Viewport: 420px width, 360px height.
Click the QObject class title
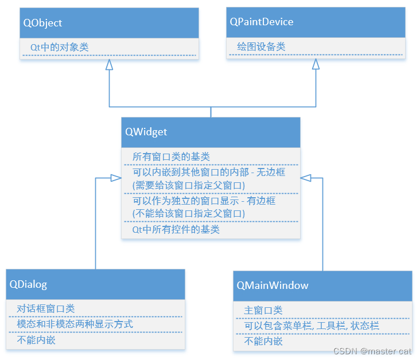(x=43, y=23)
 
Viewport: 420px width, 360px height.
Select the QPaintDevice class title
(x=261, y=22)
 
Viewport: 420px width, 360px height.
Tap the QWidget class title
(x=146, y=132)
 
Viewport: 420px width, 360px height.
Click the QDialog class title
(x=29, y=284)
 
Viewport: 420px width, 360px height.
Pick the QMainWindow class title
(x=273, y=285)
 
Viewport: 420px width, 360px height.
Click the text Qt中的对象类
(x=59, y=47)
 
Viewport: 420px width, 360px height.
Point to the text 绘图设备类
(x=261, y=46)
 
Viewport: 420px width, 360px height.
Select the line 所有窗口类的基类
(x=171, y=156)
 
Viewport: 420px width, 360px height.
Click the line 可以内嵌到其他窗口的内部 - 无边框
(x=209, y=172)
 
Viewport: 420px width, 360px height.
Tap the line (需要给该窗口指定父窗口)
(x=188, y=185)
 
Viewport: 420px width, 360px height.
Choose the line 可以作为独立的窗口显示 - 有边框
(x=204, y=201)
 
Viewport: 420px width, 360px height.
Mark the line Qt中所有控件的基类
(x=176, y=229)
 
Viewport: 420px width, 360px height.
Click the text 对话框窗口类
(x=46, y=309)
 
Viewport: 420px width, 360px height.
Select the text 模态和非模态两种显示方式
(x=75, y=324)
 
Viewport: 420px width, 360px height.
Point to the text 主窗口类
(x=263, y=310)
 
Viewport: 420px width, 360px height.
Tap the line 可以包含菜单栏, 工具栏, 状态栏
(x=312, y=326)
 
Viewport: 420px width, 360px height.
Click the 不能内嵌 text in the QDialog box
(x=36, y=340)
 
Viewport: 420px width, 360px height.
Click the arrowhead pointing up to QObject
(x=109, y=65)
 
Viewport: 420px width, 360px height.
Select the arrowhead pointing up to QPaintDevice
(x=316, y=64)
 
